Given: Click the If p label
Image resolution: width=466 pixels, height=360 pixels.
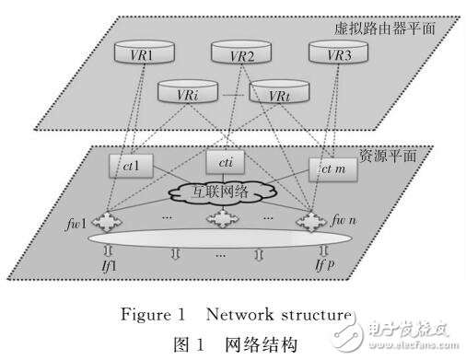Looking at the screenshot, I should pos(322,266).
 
